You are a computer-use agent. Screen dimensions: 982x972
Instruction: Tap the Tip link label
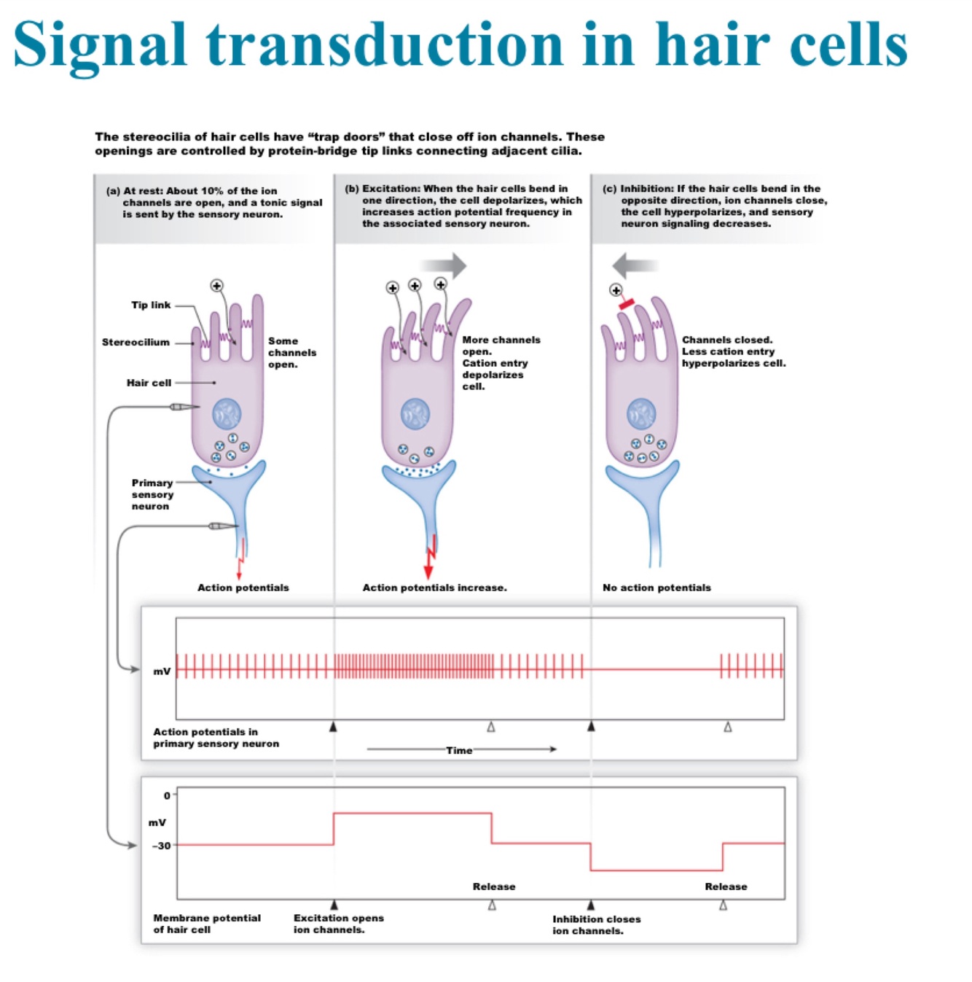click(151, 305)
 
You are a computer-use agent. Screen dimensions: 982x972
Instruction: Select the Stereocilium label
click(136, 342)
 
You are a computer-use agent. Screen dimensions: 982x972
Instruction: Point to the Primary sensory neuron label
click(152, 494)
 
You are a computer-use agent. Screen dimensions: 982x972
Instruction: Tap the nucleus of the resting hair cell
click(227, 413)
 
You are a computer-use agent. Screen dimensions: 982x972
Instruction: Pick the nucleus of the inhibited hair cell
click(641, 413)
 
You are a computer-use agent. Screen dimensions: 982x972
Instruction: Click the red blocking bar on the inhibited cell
click(626, 303)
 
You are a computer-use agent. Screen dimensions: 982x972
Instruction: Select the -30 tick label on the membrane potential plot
click(161, 846)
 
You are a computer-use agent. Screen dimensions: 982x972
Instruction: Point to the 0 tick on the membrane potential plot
click(167, 795)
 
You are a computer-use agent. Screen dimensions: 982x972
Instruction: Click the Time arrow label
click(459, 749)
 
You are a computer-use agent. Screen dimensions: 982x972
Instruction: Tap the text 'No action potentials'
click(657, 588)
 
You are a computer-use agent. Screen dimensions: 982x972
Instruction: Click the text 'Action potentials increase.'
click(434, 588)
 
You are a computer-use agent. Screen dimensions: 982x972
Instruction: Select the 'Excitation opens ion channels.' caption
click(338, 924)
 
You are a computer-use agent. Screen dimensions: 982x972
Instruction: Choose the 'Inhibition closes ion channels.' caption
click(596, 924)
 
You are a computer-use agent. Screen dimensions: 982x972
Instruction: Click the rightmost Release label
click(726, 886)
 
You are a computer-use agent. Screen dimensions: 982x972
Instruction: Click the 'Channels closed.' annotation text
click(726, 340)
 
